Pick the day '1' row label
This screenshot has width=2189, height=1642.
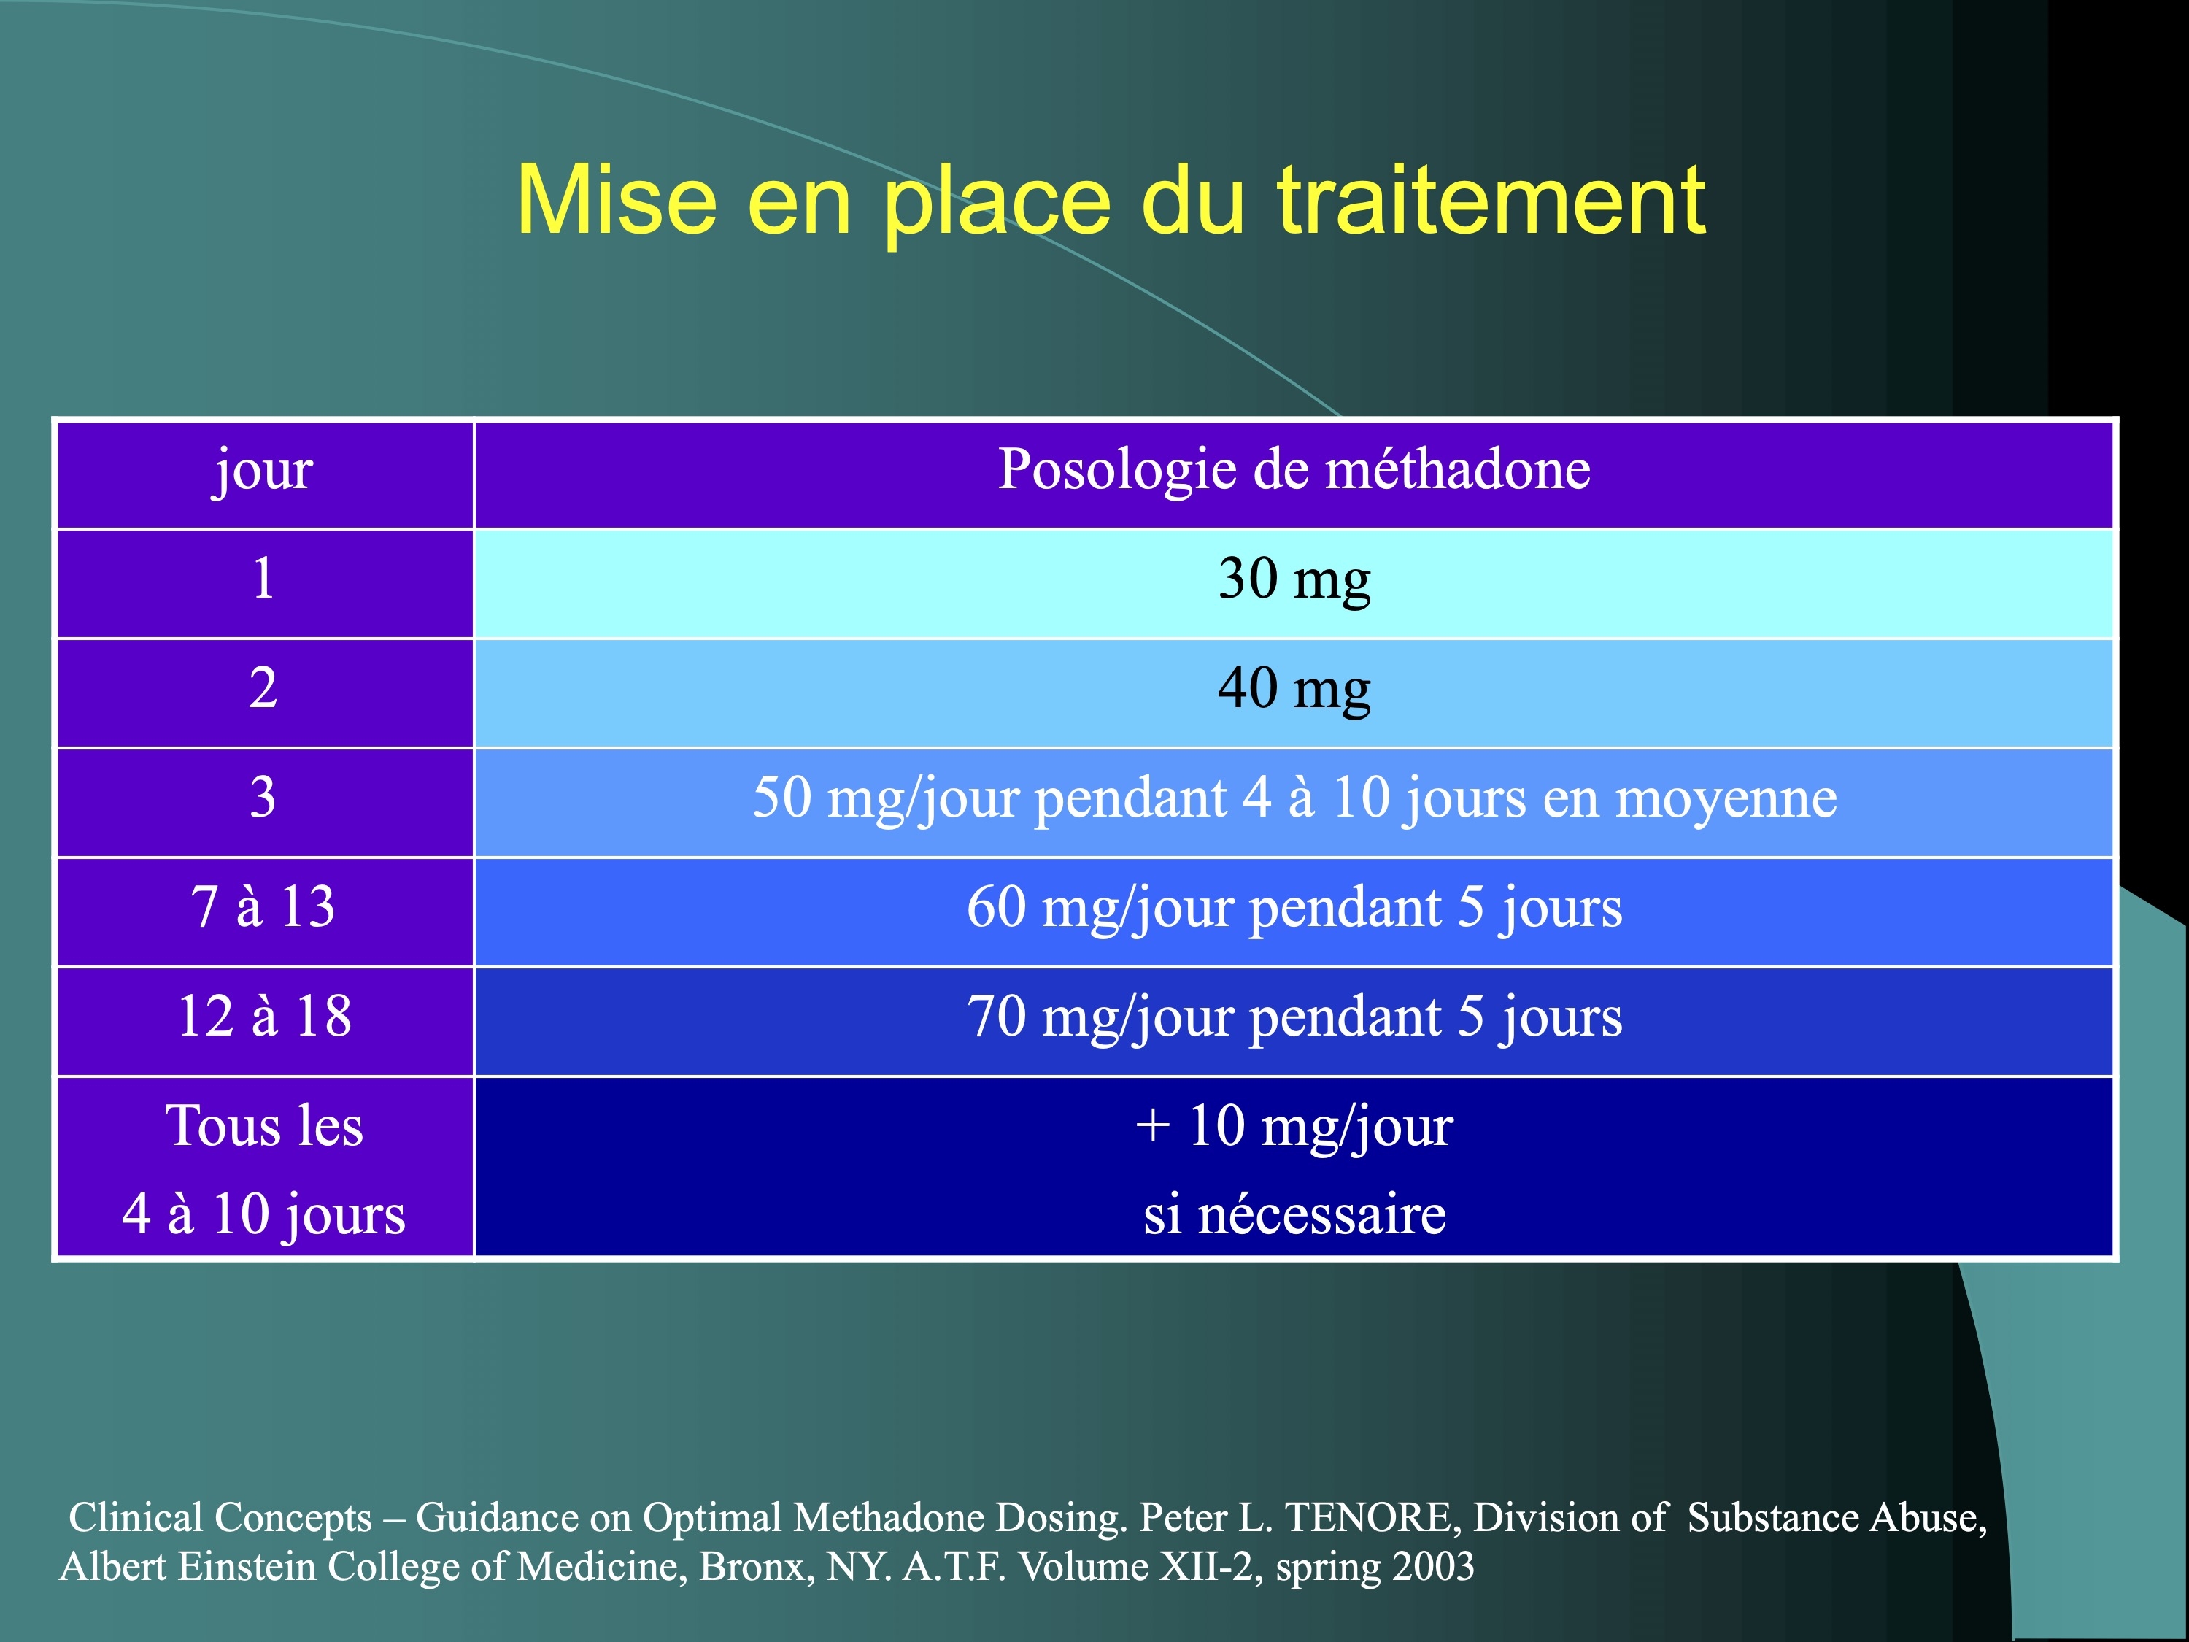coord(263,578)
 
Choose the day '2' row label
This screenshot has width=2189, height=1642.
coord(263,688)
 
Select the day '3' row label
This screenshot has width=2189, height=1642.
coord(263,797)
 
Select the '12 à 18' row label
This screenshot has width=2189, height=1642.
coord(264,1017)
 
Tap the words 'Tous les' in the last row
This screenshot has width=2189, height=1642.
coord(264,1126)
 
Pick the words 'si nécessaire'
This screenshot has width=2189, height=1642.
coord(1294,1214)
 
